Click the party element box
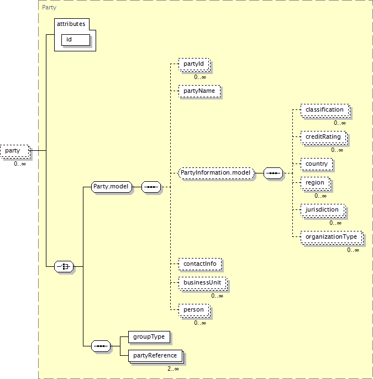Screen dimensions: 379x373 14,150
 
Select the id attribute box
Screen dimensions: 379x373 75,40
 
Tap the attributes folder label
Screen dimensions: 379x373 71,25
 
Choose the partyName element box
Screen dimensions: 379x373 199,91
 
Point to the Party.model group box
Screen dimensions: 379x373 112,187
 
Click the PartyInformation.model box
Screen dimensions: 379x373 216,173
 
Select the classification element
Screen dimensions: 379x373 324,110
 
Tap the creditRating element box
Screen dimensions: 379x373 324,136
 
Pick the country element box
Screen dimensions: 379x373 317,164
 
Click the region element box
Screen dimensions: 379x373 316,182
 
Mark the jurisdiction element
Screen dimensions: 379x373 323,210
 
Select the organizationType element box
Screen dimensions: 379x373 332,237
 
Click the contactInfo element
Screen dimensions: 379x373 199,264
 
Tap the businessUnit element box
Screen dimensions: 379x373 202,283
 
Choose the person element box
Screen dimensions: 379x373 193,310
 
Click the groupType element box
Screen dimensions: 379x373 148,336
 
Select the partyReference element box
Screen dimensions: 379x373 155,356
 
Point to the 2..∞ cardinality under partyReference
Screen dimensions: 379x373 174,369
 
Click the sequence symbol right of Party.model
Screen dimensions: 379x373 151,187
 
